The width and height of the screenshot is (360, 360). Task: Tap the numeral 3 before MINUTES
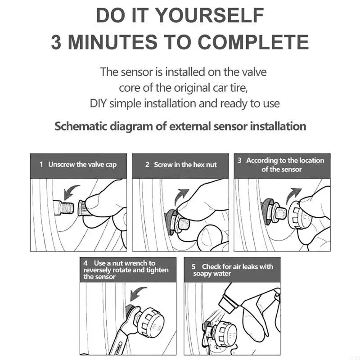coord(56,42)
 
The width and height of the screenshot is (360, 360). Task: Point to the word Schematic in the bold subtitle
coord(81,126)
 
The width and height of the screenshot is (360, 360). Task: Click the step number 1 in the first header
coord(41,164)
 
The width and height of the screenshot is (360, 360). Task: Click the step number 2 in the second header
coord(147,165)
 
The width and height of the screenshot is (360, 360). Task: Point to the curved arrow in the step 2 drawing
coord(181,196)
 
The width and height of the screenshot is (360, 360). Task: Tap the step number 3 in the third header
coord(239,160)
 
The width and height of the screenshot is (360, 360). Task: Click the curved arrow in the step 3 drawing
coord(293,195)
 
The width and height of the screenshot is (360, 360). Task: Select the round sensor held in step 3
coord(298,215)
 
